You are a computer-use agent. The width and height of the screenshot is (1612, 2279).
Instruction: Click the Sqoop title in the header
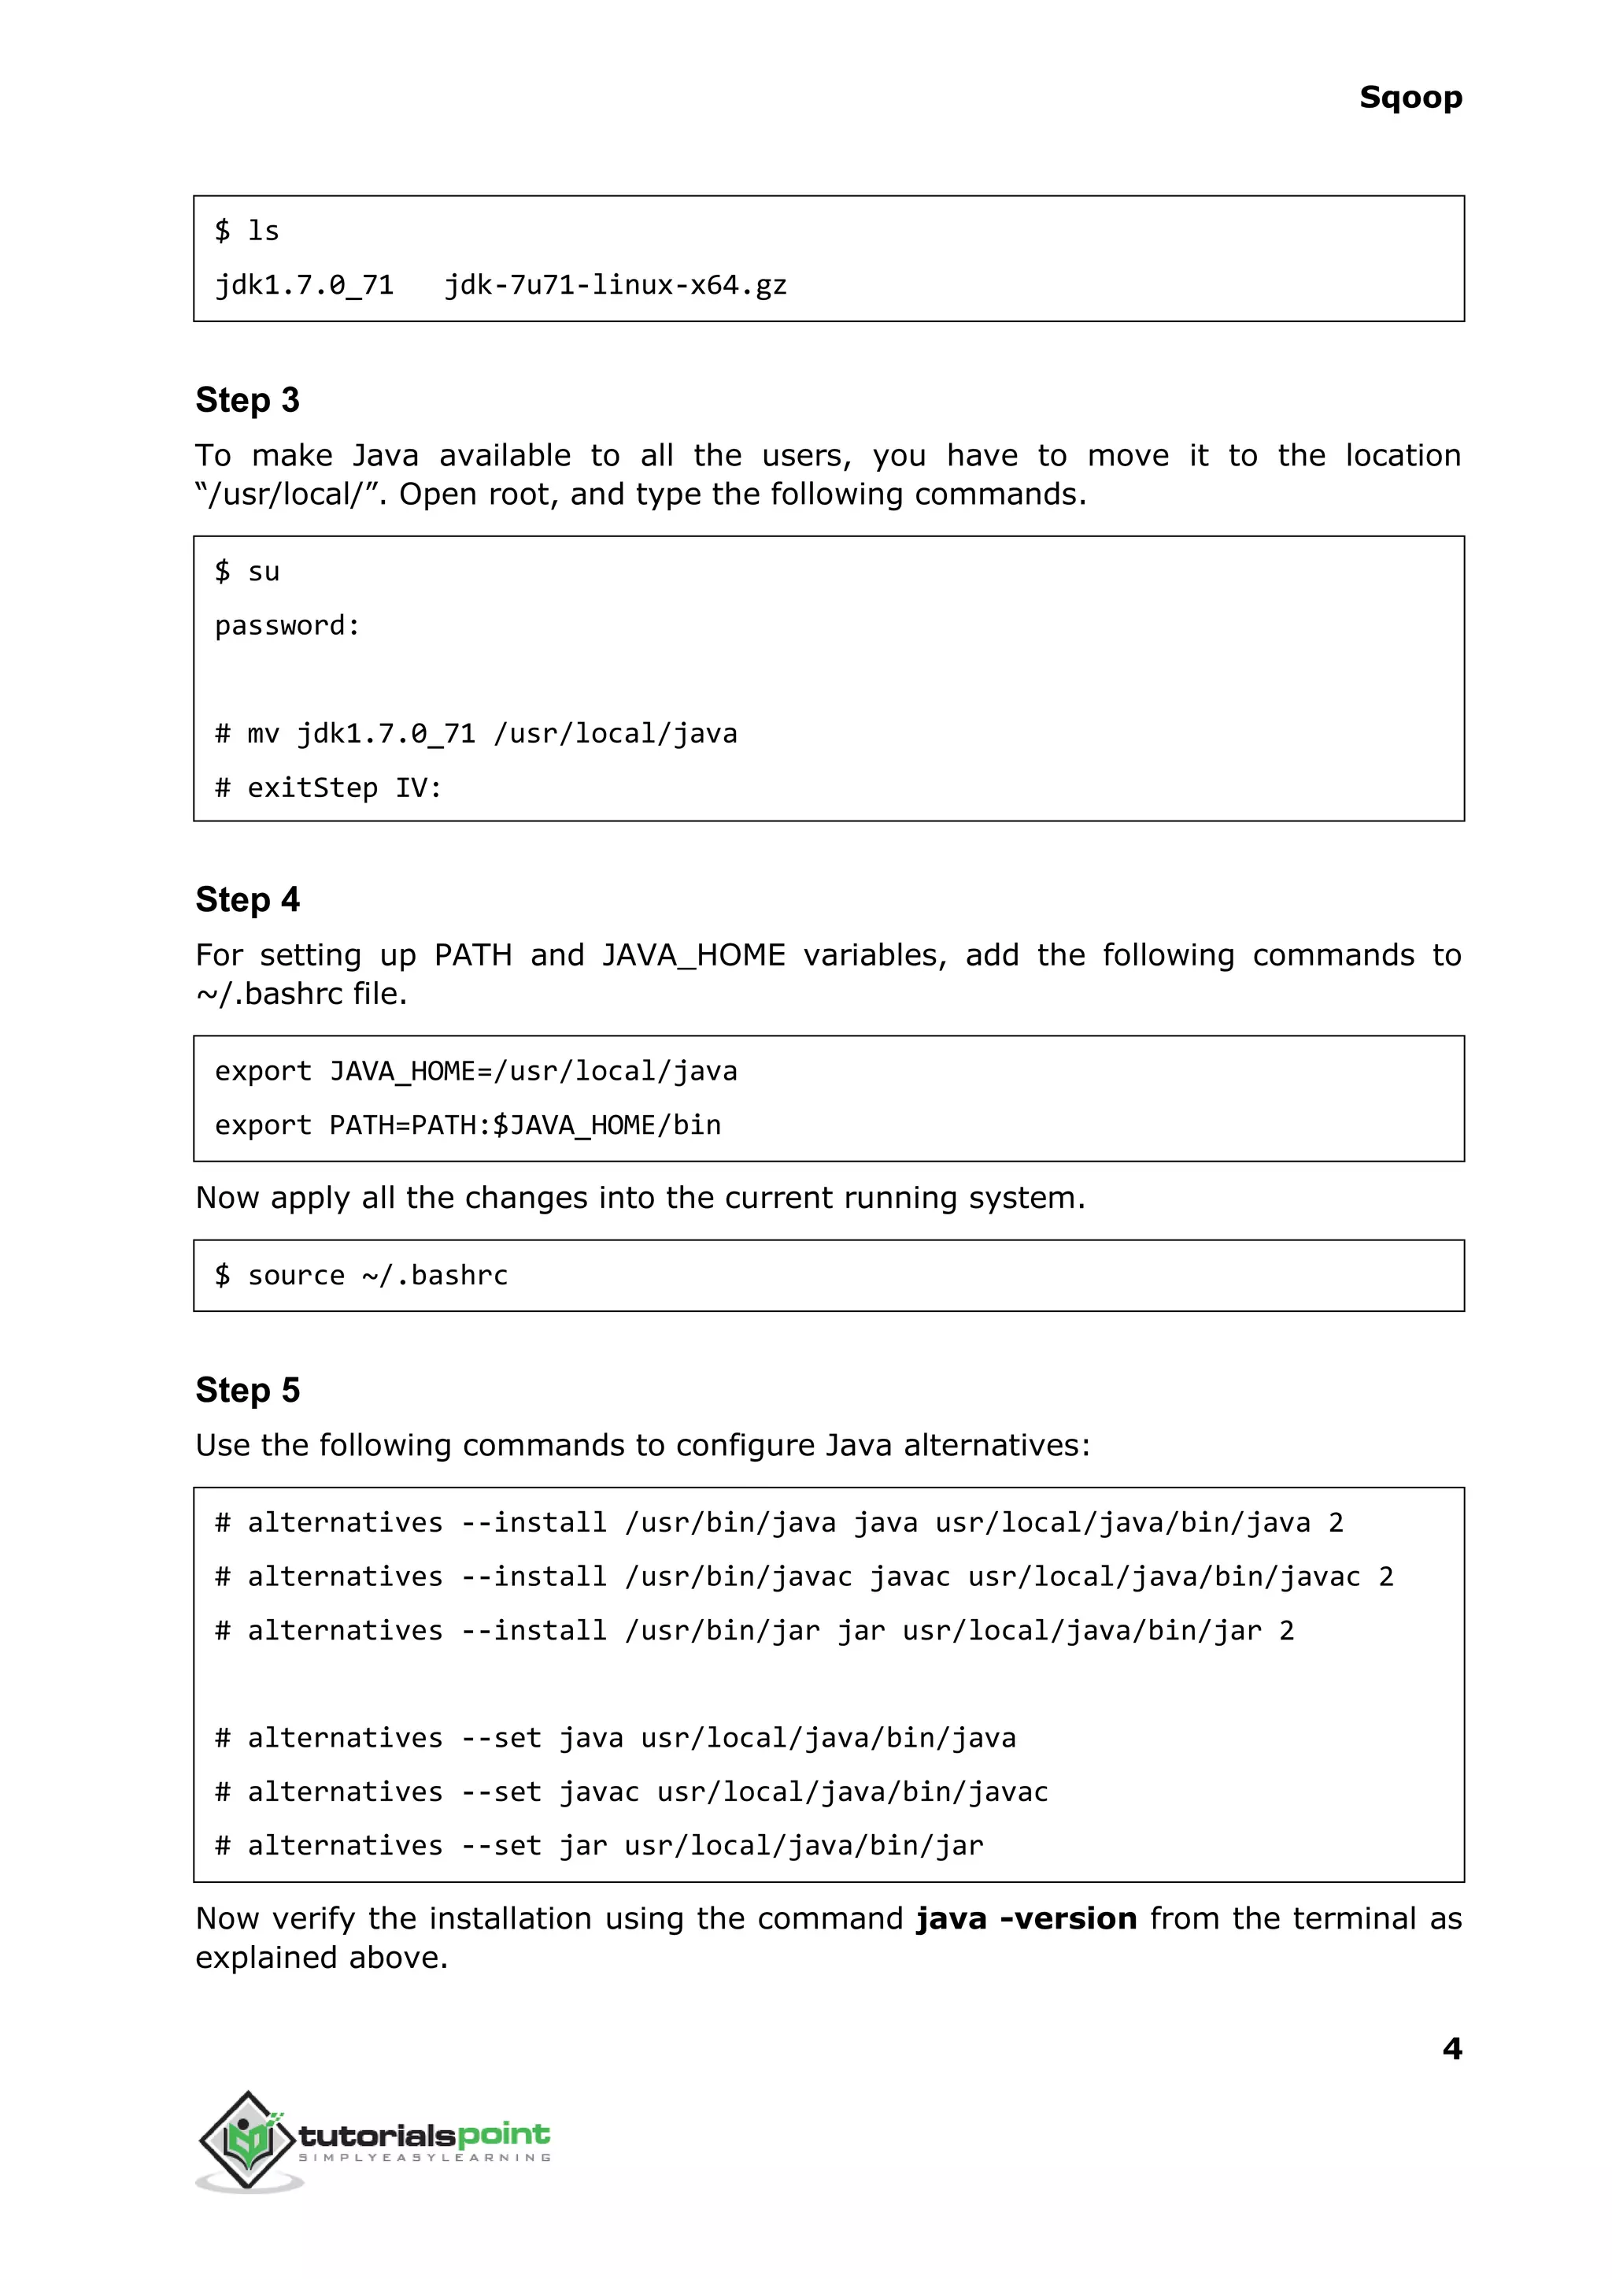1410,98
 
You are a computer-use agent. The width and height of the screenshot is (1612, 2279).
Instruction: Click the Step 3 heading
247,400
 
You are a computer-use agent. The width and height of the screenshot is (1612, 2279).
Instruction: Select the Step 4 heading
247,899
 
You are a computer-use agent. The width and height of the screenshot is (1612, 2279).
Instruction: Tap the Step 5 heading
247,1390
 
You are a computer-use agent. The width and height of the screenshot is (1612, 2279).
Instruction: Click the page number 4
1451,2047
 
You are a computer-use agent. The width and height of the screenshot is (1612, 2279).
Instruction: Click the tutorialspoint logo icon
248,2140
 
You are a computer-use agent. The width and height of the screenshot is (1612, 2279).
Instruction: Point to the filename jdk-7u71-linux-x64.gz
616,286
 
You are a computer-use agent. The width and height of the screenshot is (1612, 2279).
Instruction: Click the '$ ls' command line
247,232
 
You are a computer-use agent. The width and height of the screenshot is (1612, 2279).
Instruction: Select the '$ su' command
247,572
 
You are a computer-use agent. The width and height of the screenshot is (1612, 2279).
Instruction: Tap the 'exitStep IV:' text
343,788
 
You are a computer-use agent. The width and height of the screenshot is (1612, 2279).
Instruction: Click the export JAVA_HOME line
476,1072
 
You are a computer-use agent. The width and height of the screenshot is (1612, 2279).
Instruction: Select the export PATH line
468,1125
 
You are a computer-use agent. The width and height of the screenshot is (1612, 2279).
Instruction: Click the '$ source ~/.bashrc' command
361,1275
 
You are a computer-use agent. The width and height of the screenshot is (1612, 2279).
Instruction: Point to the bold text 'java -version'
1026,1918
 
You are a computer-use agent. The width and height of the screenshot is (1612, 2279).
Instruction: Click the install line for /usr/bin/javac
804,1577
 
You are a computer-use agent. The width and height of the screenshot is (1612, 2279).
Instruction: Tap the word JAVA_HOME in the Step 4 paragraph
693,955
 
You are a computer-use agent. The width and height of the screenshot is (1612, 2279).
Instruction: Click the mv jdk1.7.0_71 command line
476,734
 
